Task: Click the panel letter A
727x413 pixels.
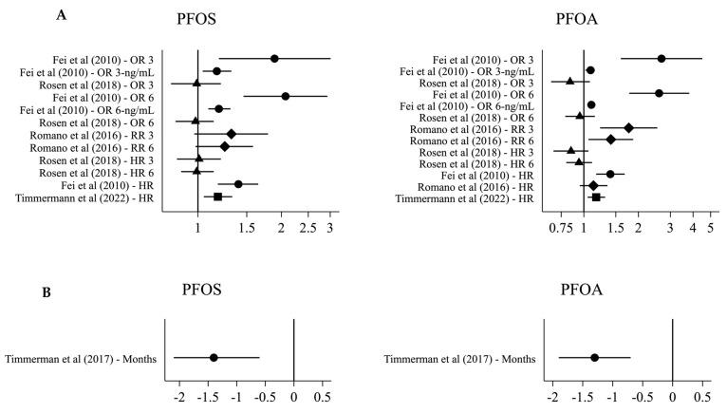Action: click(x=61, y=14)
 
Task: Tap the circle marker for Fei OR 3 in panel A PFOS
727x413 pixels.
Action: click(x=274, y=58)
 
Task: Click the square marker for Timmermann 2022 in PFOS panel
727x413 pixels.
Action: click(x=217, y=197)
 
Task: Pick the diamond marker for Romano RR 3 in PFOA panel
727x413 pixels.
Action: click(x=628, y=127)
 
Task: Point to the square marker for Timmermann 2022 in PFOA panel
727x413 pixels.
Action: click(x=596, y=197)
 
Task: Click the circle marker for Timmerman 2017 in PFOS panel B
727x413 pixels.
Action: click(x=214, y=357)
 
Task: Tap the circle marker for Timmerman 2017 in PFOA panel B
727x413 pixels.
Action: click(x=594, y=357)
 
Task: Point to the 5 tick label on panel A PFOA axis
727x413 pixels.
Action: click(x=710, y=230)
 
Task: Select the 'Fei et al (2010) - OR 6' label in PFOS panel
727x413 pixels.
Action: click(x=117, y=96)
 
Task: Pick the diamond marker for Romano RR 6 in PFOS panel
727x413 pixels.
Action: click(x=225, y=146)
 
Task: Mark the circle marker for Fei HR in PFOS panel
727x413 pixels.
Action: click(x=238, y=184)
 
